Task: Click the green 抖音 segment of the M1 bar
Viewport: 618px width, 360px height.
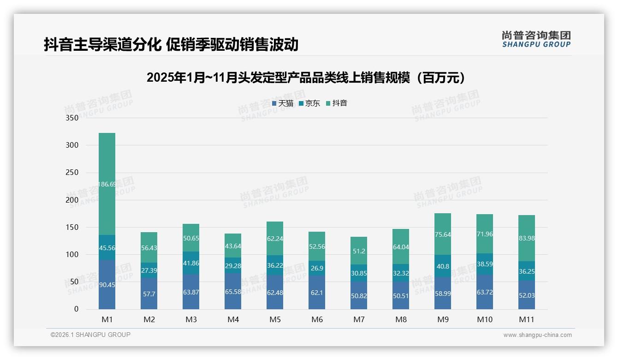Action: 107,184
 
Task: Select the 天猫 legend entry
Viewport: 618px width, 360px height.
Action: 283,103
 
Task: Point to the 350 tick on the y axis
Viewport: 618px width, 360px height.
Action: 72,118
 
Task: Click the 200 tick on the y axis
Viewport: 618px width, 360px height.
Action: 72,200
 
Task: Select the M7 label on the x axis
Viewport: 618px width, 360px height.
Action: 359,319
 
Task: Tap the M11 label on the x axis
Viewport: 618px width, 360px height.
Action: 527,319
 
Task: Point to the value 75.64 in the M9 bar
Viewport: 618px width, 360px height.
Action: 443,234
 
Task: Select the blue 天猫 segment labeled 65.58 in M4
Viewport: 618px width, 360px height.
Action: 233,292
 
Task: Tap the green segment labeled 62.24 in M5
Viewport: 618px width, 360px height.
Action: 275,239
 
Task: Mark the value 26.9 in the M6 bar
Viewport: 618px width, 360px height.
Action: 317,268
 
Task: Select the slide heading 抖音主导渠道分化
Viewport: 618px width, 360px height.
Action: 171,44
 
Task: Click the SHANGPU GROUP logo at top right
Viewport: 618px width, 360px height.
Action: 536,39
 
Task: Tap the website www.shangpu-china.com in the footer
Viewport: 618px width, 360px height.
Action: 537,335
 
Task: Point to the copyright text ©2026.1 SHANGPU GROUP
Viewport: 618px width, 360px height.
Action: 90,335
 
